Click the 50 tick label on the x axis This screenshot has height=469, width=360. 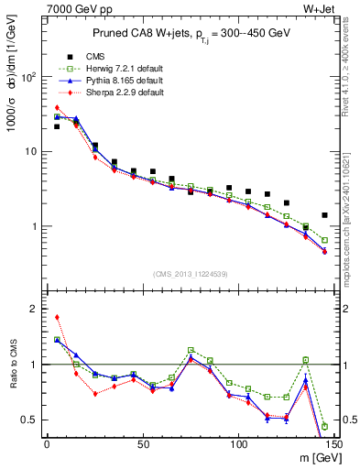143,444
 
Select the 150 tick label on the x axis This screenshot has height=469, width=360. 333,444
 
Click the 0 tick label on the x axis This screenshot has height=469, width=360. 47,444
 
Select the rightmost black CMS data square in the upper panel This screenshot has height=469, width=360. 324,215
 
